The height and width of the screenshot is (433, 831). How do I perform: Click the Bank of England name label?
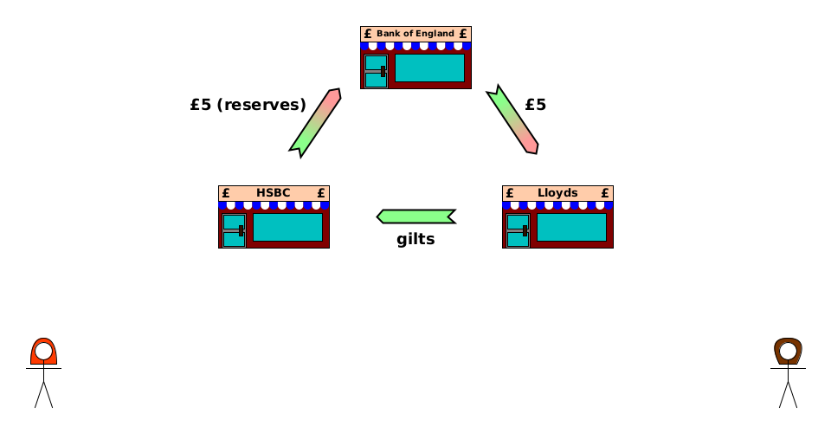pyautogui.click(x=415, y=34)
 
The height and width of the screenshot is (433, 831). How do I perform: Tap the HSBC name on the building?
pyautogui.click(x=274, y=193)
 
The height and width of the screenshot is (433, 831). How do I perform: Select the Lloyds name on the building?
pyautogui.click(x=557, y=193)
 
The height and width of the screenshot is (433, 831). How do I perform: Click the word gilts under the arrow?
pyautogui.click(x=415, y=240)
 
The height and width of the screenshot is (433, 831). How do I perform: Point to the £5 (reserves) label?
pyautogui.click(x=248, y=105)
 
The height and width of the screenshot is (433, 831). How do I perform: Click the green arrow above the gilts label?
pyautogui.click(x=416, y=216)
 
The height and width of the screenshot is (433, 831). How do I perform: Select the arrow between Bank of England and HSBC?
pyautogui.click(x=315, y=122)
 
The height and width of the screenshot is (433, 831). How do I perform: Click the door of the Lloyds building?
pyautogui.click(x=518, y=230)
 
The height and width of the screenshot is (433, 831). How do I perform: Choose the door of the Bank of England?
pyautogui.click(x=376, y=71)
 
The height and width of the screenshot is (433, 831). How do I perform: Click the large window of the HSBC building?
pyautogui.click(x=287, y=227)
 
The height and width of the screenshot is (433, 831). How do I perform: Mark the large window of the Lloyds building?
pyautogui.click(x=571, y=227)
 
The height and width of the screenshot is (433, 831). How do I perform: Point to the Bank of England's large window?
pyautogui.click(x=429, y=68)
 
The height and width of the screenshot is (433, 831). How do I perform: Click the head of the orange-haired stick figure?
pyautogui.click(x=43, y=351)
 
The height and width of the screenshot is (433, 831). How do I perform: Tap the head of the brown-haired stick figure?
pyautogui.click(x=788, y=351)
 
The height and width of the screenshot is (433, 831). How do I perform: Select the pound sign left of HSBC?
pyautogui.click(x=226, y=193)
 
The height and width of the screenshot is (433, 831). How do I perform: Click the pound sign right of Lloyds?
pyautogui.click(x=605, y=193)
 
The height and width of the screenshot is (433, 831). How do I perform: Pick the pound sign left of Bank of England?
pyautogui.click(x=368, y=34)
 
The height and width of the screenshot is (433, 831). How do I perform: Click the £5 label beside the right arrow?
pyautogui.click(x=535, y=105)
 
